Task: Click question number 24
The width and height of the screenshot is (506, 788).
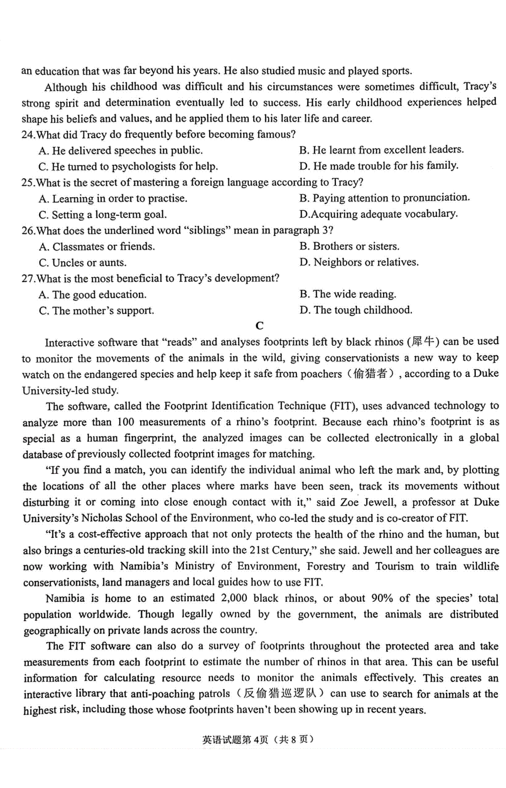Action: tap(28, 135)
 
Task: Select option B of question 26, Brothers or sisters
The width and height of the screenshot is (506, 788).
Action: tap(350, 246)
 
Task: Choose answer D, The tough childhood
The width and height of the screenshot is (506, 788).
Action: tap(356, 310)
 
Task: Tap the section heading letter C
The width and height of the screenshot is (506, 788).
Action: tap(259, 325)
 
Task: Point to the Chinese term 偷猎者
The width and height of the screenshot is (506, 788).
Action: tap(370, 374)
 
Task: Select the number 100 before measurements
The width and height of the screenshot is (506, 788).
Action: tap(125, 422)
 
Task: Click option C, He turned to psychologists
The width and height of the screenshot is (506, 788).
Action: tap(128, 167)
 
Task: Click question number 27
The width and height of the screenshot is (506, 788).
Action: tap(28, 279)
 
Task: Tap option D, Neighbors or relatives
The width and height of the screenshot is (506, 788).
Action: tap(359, 262)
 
